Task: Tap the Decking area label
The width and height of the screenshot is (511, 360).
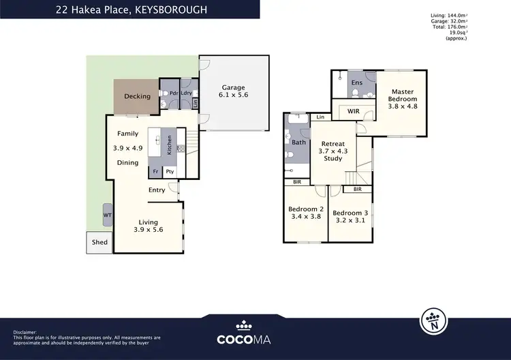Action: (x=137, y=97)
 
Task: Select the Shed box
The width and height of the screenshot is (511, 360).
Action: (x=99, y=242)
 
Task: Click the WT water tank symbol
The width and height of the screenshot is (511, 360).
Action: (x=108, y=215)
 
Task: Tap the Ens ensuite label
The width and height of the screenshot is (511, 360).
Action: (x=356, y=82)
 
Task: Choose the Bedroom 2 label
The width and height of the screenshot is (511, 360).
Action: (x=306, y=209)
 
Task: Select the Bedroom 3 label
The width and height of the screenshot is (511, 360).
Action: (x=351, y=212)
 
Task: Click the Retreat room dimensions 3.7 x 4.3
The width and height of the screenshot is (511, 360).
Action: (x=332, y=151)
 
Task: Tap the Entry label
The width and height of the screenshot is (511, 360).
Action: (x=157, y=190)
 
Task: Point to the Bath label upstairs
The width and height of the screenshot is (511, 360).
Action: (x=299, y=142)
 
